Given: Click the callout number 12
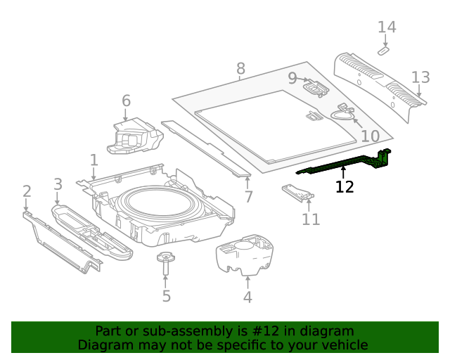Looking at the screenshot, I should coord(345,187).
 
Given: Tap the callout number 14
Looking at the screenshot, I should coord(387,27).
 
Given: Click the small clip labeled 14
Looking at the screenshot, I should coord(384,51).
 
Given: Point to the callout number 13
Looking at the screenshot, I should coord(420,77).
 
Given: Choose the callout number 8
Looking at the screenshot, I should coord(240,69).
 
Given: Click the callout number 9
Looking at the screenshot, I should coord(292,78).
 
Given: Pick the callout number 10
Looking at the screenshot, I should coord(370,136).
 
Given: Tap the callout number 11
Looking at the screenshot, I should coord(311,219).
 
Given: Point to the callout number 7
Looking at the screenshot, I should coord(248,196).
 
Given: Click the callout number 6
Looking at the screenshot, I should coord(126,101).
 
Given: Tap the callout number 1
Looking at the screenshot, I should coord(94,160).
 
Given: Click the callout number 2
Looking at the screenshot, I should coord(27,191).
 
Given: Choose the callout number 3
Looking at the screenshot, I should coord(58,184).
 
